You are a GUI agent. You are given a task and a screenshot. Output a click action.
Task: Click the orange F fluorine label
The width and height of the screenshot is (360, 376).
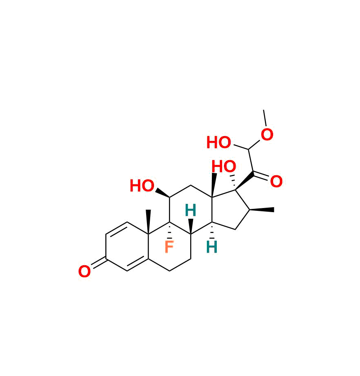click(x=169, y=247)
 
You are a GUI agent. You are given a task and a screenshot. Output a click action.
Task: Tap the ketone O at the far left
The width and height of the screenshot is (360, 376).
click(x=84, y=272)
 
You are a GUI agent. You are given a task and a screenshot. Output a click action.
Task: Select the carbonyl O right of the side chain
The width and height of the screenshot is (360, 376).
click(x=276, y=182)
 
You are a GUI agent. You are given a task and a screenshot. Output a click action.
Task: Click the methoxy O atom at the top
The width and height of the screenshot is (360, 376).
click(x=267, y=135)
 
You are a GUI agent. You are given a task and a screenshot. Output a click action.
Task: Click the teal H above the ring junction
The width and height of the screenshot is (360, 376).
click(x=190, y=211)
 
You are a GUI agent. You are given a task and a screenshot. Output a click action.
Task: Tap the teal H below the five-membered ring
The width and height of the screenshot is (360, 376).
click(x=211, y=247)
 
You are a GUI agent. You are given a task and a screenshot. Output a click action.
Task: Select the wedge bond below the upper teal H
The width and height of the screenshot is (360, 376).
click(x=191, y=226)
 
